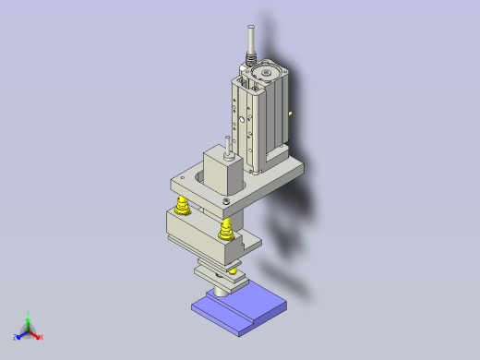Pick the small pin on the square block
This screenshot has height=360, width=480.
point(225,148)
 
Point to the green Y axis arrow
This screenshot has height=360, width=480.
point(29,320)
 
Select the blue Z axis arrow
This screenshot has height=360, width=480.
point(21,335)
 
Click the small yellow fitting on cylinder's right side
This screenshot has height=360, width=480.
point(290,114)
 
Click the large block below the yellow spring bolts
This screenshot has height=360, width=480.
point(198,231)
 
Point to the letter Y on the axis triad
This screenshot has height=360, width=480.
point(30,314)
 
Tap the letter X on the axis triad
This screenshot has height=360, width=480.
point(42,337)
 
